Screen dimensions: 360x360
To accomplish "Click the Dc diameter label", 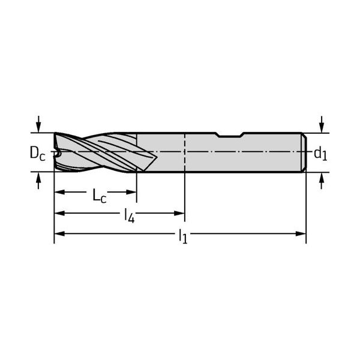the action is [x=37, y=153].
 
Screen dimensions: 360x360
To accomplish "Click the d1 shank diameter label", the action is [x=320, y=153].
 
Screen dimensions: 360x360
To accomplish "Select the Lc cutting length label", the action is [x=100, y=196].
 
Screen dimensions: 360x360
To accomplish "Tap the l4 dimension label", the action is [x=129, y=215].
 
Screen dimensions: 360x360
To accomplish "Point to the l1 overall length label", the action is [x=183, y=236].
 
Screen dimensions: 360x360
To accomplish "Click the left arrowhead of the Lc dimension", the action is [x=59, y=192].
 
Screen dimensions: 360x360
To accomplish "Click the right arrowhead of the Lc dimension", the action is [x=131, y=192].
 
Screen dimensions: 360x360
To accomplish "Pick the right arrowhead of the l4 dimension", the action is [x=179, y=213].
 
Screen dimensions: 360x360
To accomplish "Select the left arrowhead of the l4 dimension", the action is [x=59, y=213].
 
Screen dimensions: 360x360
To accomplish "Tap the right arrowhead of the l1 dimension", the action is [x=301, y=234].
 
